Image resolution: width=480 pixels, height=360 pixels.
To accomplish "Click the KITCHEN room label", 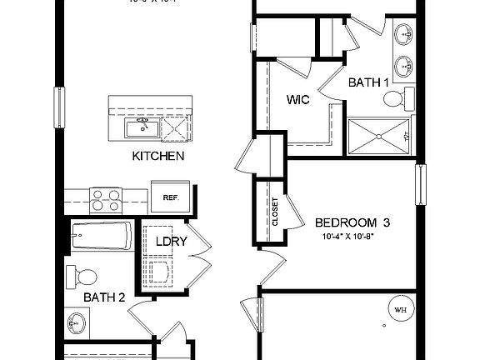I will (157, 156).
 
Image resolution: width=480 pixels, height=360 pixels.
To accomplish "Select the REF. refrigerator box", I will (172, 197).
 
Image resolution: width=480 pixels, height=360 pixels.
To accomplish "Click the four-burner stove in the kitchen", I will (107, 200).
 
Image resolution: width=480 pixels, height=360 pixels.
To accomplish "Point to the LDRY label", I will (170, 242).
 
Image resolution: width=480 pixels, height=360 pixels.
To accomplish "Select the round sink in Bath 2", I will (77, 320).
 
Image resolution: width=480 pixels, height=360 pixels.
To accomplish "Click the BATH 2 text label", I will (103, 296).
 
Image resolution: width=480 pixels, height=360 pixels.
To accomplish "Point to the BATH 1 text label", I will (368, 82).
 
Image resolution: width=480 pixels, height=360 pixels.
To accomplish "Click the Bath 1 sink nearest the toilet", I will (406, 65).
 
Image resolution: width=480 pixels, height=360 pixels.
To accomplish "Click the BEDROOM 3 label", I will (352, 222).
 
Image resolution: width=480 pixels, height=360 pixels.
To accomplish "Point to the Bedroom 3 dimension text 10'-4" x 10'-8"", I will (352, 237).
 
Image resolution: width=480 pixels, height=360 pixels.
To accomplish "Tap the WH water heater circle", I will (400, 311).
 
